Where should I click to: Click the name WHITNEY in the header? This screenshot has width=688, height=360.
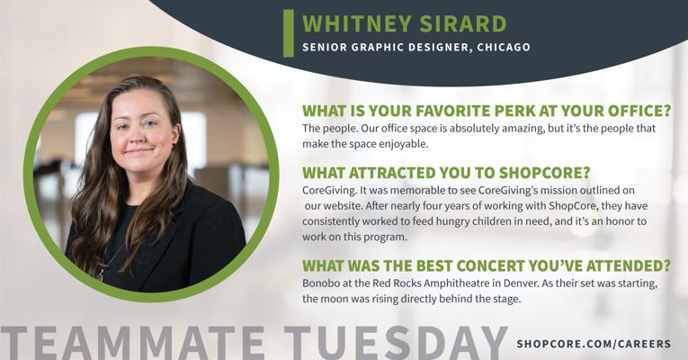357,23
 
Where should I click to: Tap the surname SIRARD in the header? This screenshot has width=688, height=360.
463,23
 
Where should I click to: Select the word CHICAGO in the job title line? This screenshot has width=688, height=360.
504,47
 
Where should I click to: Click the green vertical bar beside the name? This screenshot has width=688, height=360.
289,33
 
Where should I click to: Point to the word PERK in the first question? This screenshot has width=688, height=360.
514,111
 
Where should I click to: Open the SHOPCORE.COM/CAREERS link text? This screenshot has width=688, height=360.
594,344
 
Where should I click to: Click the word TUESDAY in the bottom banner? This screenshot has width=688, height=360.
396,343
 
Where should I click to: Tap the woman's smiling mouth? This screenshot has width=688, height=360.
139,151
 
